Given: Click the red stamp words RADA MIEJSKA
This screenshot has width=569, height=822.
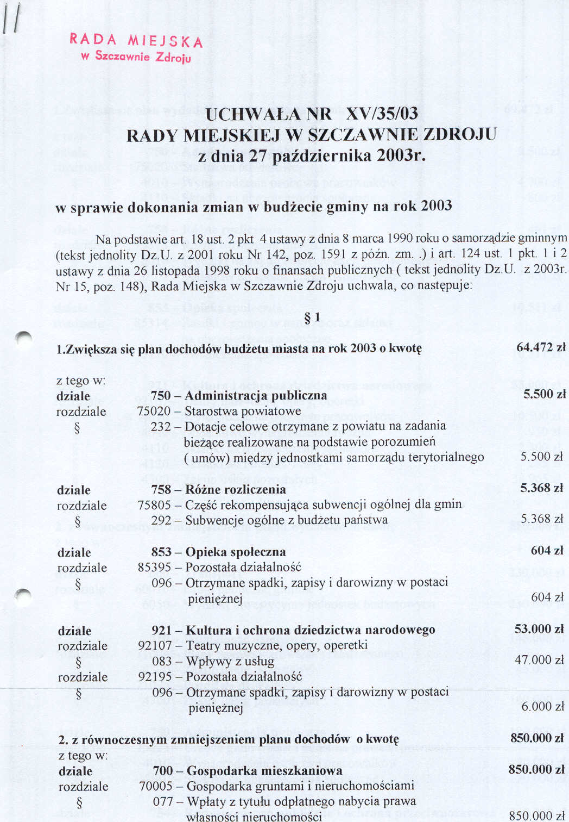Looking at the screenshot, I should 136,40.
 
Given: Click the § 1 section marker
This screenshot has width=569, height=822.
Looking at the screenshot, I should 312,317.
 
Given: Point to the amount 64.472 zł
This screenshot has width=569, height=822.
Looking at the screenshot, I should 541,347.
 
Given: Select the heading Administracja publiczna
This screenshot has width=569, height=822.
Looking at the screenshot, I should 256,395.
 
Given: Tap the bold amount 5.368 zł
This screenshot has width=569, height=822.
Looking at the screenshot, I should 542,488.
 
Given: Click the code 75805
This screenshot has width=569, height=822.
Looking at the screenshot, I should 154,505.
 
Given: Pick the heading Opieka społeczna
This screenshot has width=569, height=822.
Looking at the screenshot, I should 236,552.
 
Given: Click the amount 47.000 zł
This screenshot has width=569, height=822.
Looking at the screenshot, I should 540,659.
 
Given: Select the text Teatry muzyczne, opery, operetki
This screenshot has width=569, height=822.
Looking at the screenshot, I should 276,645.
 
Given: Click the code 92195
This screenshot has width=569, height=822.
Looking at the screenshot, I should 155,677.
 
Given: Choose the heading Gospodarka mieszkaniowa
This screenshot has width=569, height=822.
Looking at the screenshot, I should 264,770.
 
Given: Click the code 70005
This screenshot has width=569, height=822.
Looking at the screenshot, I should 156,786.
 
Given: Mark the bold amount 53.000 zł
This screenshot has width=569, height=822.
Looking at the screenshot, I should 540,629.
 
